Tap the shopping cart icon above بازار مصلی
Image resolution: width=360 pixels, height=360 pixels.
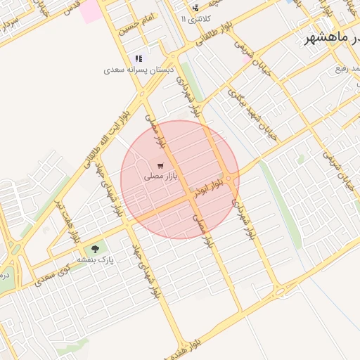162,166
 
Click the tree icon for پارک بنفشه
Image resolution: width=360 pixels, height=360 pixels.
95,249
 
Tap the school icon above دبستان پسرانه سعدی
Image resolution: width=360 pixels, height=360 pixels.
138,59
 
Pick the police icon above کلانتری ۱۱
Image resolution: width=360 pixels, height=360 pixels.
195,8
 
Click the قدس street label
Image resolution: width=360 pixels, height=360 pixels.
71,8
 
